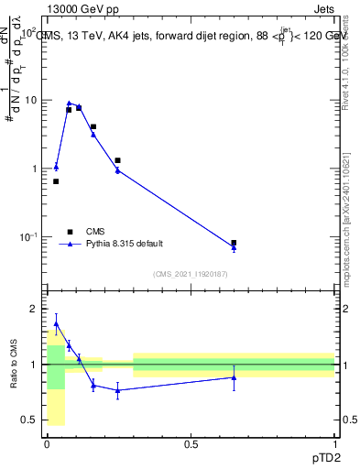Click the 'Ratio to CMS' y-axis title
[x=13, y=365]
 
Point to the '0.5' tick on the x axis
[x=191, y=442]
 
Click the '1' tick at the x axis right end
[x=334, y=442]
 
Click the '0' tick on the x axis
[x=47, y=442]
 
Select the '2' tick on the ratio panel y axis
[x=34, y=309]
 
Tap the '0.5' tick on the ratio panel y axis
[x=29, y=420]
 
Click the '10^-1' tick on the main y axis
[x=27, y=237]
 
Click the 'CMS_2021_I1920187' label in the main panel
[x=190, y=274]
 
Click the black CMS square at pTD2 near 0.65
[x=234, y=243]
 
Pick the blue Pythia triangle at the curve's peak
[x=69, y=104]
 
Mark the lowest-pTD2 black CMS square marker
[x=56, y=181]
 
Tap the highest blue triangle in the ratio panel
[x=56, y=323]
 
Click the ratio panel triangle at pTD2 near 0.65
[x=234, y=377]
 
